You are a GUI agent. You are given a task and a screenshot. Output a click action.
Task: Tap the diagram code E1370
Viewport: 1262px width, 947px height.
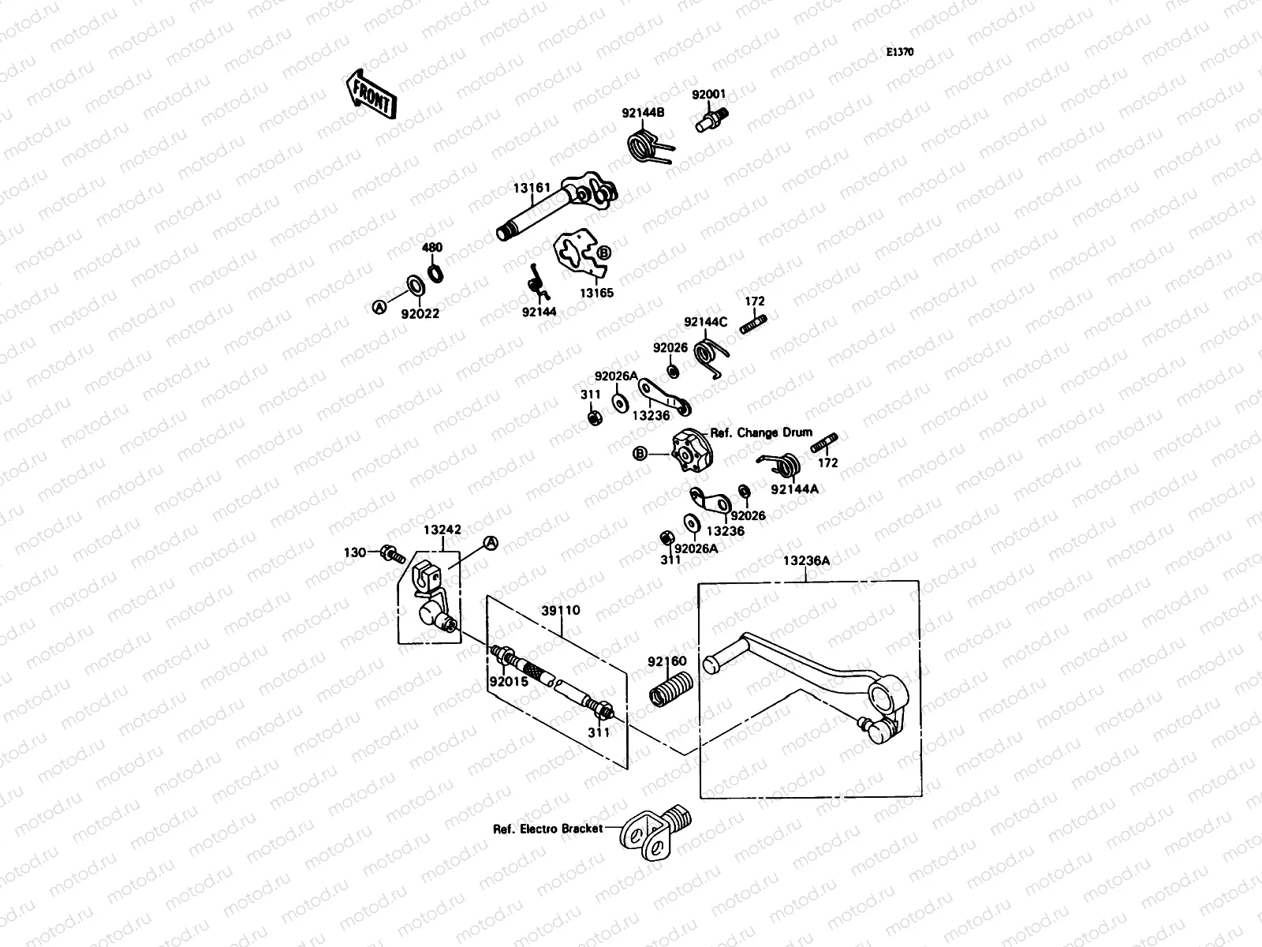pyautogui.click(x=899, y=52)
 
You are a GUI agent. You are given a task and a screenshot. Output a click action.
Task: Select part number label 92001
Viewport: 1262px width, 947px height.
pyautogui.click(x=708, y=95)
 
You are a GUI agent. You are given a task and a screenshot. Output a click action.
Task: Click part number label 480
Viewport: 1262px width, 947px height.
pyautogui.click(x=432, y=248)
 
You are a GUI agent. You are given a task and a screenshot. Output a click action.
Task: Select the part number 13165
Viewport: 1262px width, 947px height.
pyautogui.click(x=596, y=293)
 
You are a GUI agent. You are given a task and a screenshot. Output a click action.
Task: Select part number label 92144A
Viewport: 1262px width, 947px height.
pyautogui.click(x=794, y=489)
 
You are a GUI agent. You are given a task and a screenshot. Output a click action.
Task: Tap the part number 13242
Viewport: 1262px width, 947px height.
pyautogui.click(x=442, y=530)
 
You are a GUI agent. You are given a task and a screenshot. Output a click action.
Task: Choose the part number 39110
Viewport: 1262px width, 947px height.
pyautogui.click(x=561, y=610)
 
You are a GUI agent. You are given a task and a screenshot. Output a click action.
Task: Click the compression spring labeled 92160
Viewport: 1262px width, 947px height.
pyautogui.click(x=671, y=687)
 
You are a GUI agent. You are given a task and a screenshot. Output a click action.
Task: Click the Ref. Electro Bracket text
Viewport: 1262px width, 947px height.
pyautogui.click(x=547, y=829)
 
